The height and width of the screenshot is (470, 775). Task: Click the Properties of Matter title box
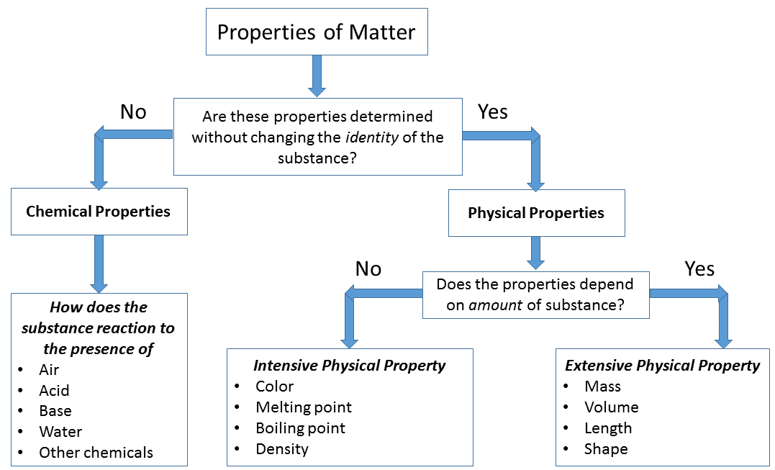click(317, 32)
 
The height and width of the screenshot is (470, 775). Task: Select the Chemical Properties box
click(99, 212)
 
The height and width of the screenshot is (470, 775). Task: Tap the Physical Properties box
click(536, 213)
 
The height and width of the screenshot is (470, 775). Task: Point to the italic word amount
click(495, 304)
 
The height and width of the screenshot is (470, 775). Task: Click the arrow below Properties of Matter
click(317, 76)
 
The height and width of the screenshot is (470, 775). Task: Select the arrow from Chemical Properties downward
click(99, 263)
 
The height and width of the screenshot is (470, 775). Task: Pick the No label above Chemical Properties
click(133, 112)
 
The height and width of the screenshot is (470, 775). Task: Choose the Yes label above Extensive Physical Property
click(699, 269)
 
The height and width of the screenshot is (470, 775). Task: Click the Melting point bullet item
click(304, 407)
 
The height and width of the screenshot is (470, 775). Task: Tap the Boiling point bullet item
click(300, 428)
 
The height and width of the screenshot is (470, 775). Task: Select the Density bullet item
click(282, 449)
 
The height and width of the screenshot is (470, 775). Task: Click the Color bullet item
click(275, 387)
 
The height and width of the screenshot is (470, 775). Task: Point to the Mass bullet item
click(602, 387)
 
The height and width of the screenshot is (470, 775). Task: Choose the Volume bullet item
click(611, 407)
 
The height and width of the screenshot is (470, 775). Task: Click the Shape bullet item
click(606, 449)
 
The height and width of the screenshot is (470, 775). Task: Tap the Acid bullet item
click(54, 390)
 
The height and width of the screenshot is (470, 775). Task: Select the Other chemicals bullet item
click(96, 453)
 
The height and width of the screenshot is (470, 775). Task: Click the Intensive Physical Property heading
click(350, 366)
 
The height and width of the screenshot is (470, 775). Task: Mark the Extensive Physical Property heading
click(662, 366)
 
